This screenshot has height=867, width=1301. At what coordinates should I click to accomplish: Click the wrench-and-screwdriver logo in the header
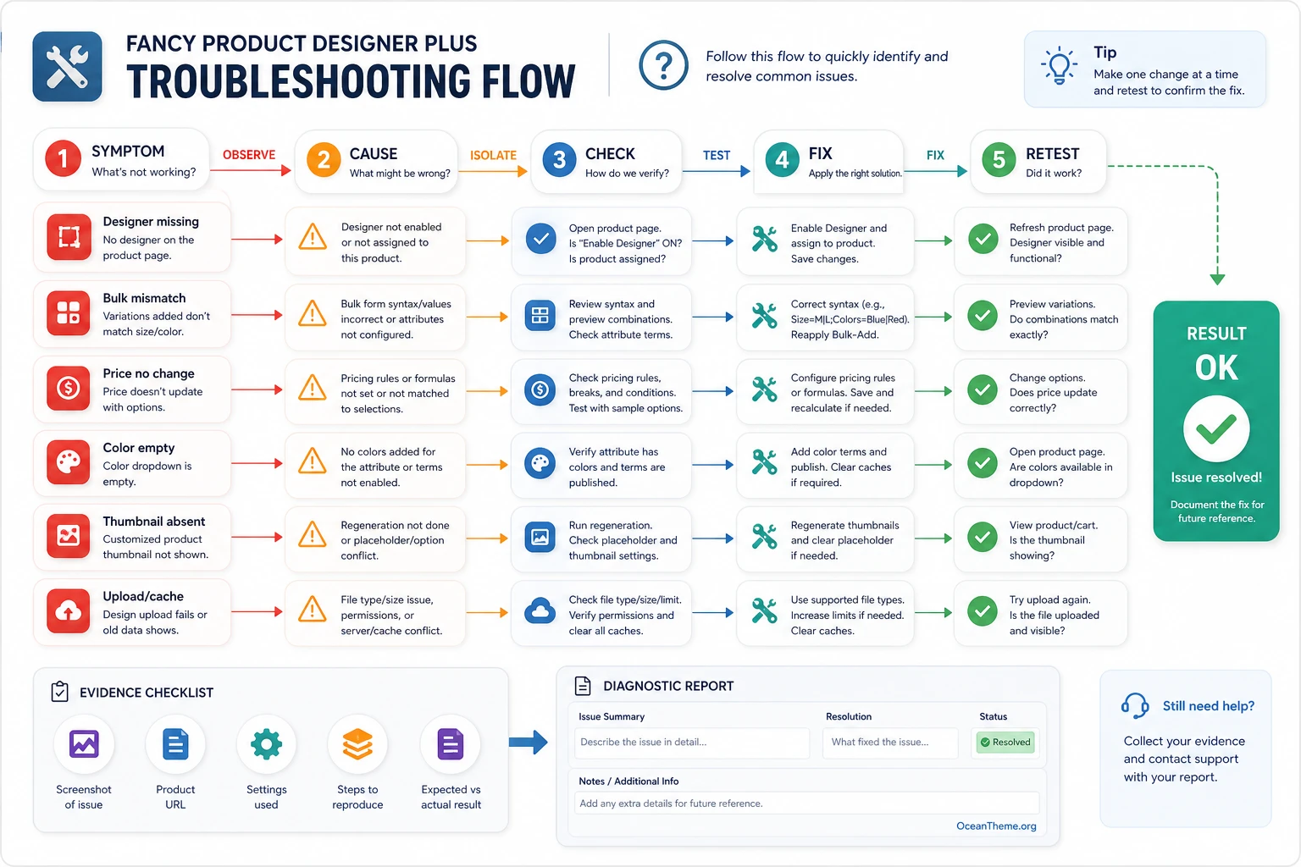68,67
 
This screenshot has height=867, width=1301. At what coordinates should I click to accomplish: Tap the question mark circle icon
663,65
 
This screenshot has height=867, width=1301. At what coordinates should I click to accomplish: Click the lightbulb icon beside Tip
1059,66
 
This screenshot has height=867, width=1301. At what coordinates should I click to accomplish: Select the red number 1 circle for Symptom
64,158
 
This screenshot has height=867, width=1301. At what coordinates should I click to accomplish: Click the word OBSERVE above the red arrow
249,154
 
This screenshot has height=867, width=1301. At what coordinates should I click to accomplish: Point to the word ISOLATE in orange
493,155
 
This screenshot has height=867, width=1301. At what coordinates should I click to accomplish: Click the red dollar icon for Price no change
69,388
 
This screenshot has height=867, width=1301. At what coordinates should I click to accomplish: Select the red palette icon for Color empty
69,462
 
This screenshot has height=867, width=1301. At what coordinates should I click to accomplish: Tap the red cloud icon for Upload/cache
69,611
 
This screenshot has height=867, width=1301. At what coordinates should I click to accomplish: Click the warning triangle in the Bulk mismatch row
313,314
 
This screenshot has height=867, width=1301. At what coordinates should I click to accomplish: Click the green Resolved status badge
1005,743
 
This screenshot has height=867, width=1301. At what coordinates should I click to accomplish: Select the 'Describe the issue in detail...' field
692,743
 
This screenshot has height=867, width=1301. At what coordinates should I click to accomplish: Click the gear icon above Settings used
266,744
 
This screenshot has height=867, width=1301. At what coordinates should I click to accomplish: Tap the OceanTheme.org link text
996,826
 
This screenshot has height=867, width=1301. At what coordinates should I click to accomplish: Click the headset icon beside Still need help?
1135,705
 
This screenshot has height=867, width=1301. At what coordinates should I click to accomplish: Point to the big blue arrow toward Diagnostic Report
528,742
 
